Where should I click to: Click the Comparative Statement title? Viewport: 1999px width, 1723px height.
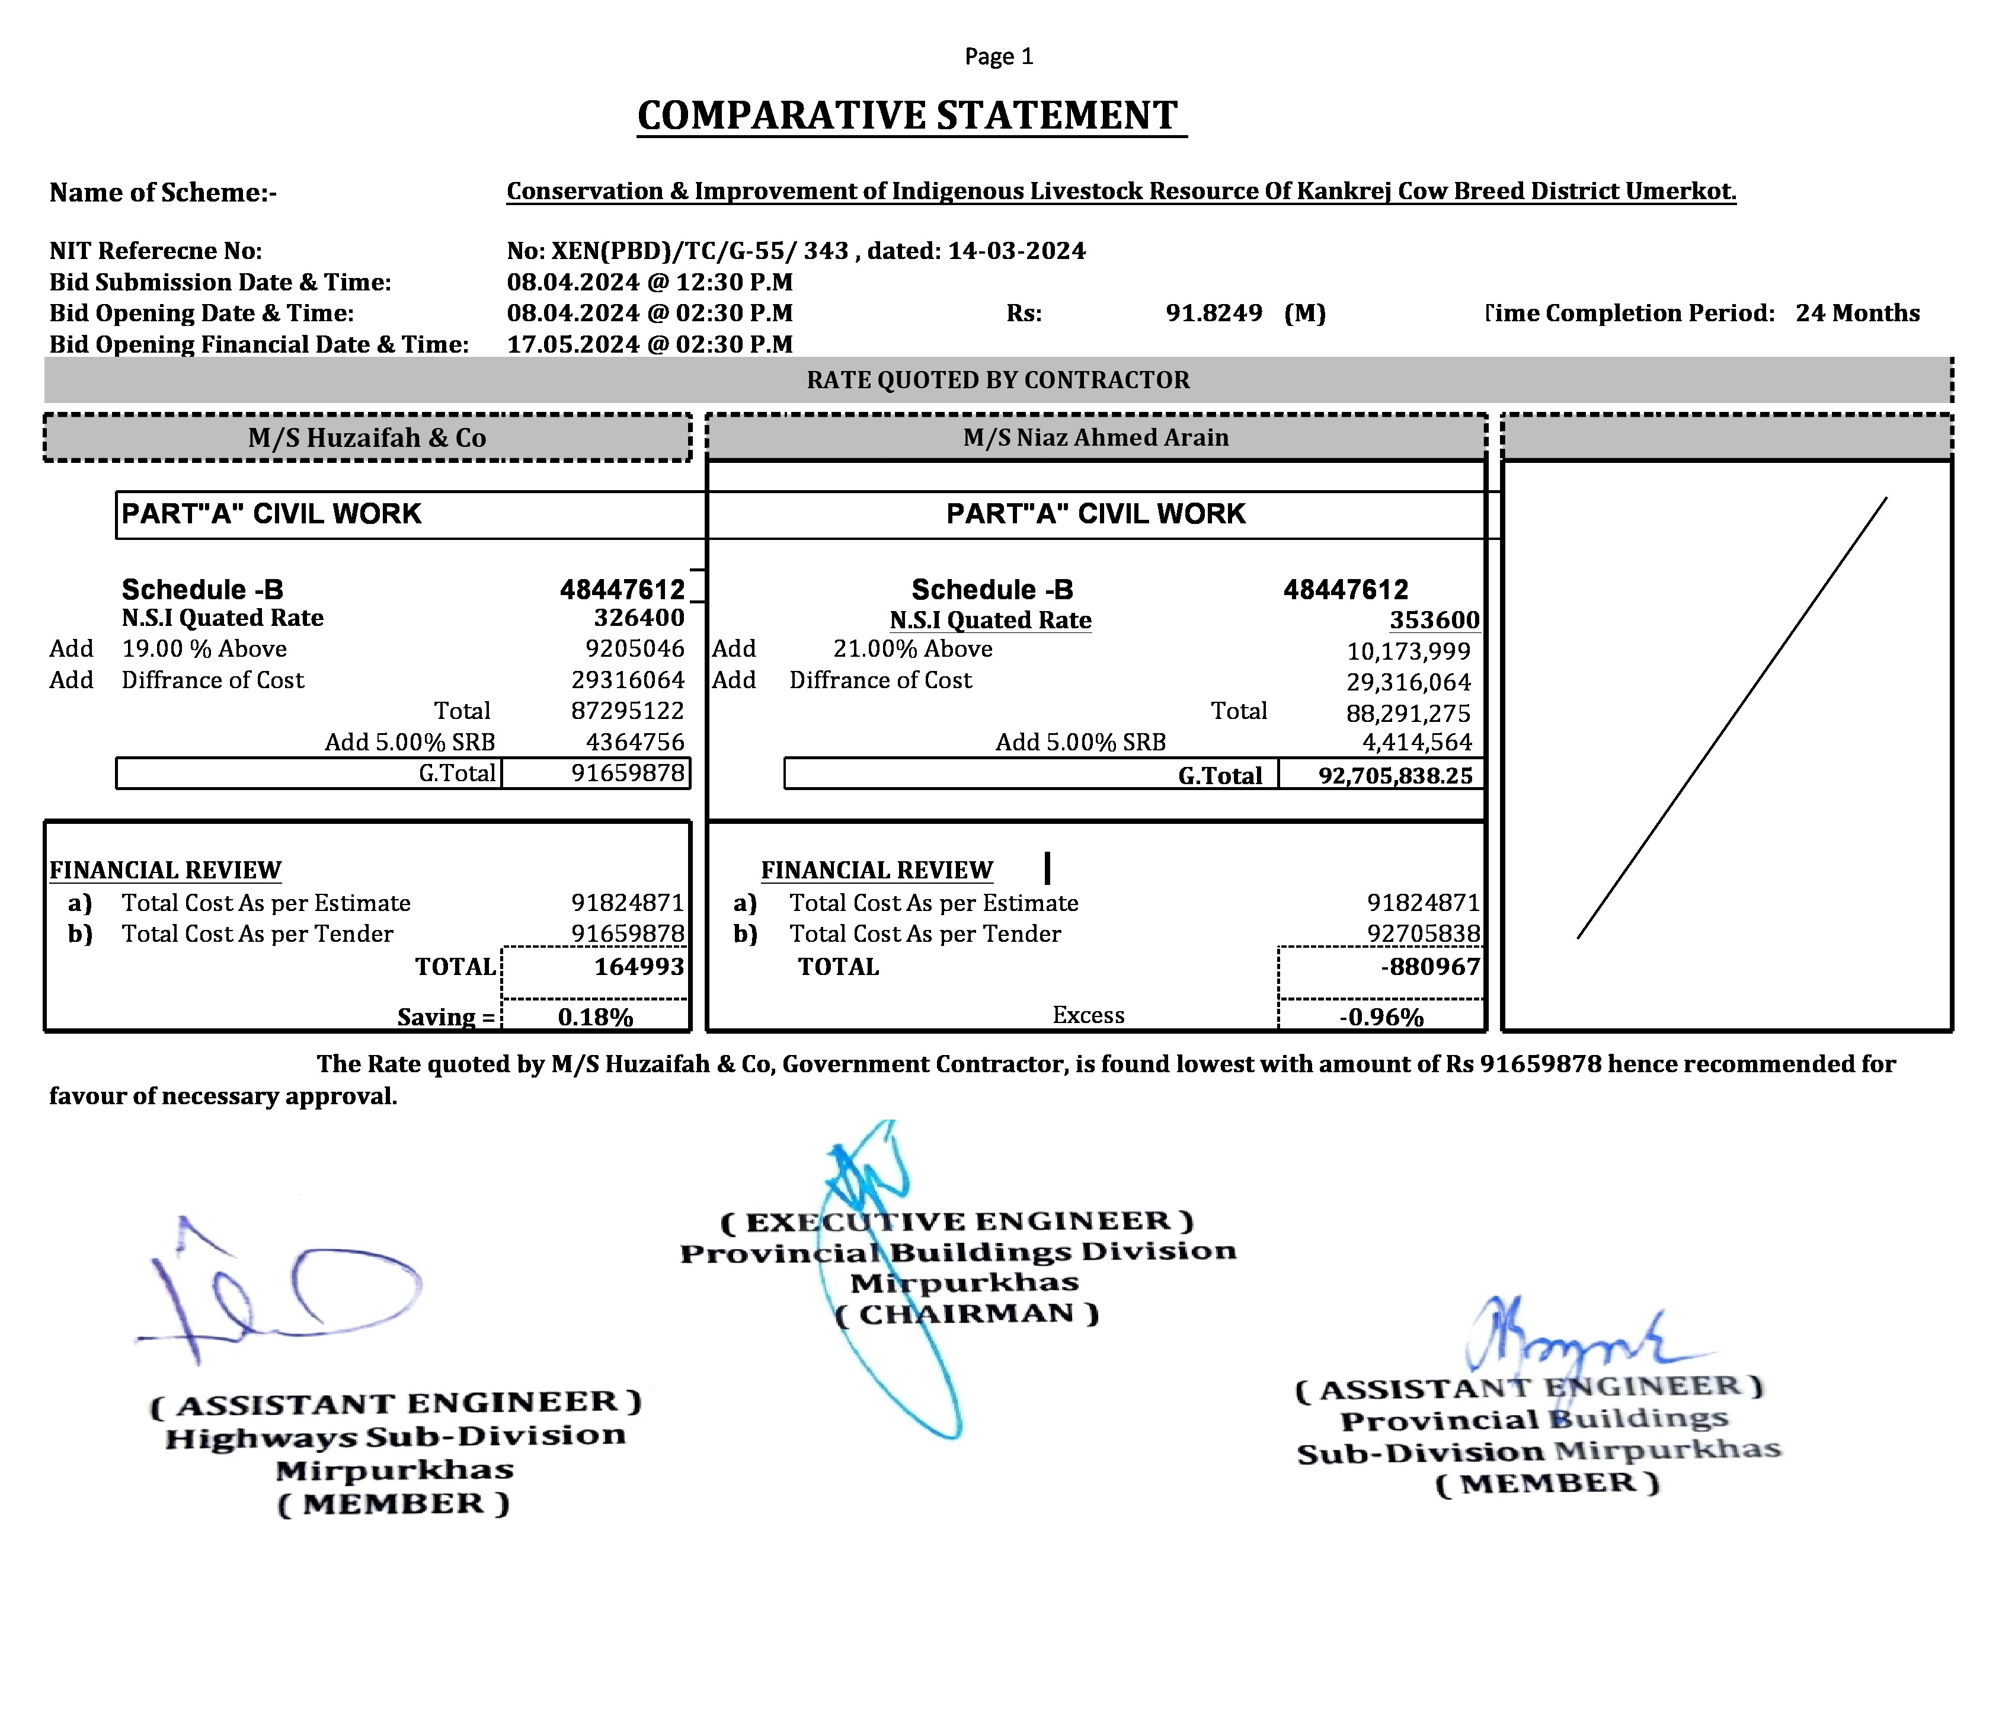[x=907, y=116]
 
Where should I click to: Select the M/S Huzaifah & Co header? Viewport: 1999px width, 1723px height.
[x=367, y=438]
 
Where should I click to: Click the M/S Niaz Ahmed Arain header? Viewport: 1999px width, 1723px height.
[x=1096, y=438]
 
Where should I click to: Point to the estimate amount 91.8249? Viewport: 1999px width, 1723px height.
[x=1214, y=314]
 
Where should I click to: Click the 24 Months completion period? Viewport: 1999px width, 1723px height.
[x=1857, y=314]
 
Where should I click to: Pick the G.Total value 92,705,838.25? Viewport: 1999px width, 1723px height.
[x=1395, y=776]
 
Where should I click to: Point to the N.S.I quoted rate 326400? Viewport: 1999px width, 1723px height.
[x=639, y=618]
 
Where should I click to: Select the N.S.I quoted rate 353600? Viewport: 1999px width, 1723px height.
[x=1434, y=621]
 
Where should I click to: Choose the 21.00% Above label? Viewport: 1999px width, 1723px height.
[x=913, y=649]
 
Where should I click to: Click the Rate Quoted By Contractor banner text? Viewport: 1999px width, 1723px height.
[x=997, y=380]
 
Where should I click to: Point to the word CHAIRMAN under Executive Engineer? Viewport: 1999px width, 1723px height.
[x=967, y=1314]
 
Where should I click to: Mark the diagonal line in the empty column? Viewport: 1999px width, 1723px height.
[x=1732, y=719]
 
